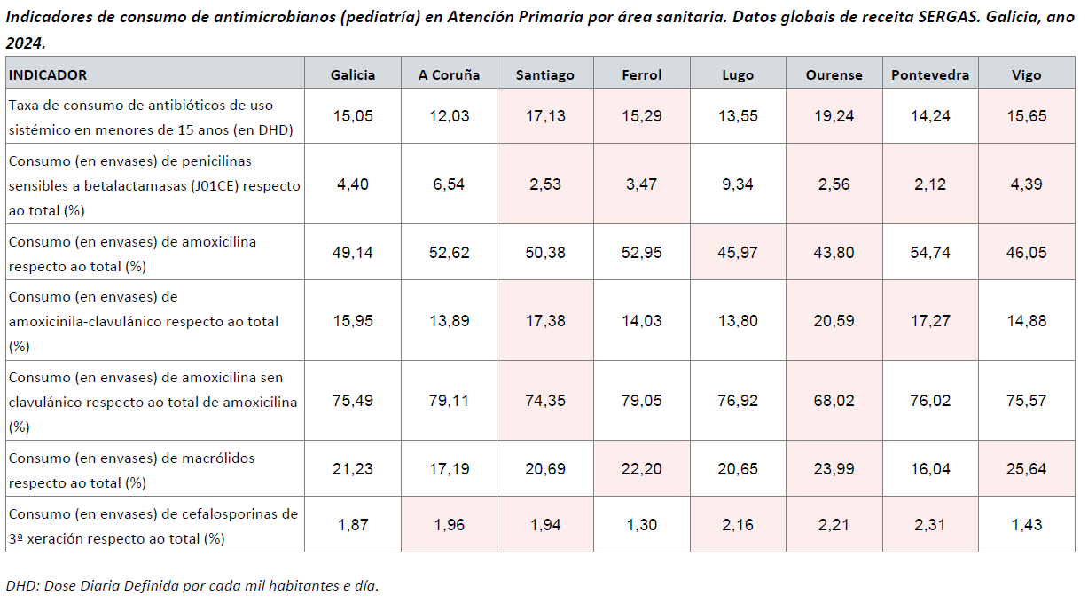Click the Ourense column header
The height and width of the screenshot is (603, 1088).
pyautogui.click(x=834, y=74)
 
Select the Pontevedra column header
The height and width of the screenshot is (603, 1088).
pyautogui.click(x=930, y=74)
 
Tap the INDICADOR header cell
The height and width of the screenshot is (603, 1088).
pyautogui.click(x=48, y=74)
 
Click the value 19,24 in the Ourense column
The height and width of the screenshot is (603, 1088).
pyautogui.click(x=834, y=115)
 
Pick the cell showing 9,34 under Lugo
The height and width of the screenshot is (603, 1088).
pyautogui.click(x=738, y=184)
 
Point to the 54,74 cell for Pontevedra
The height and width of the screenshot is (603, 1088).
pyautogui.click(x=930, y=252)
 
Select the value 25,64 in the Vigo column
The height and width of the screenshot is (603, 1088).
pyautogui.click(x=1027, y=468)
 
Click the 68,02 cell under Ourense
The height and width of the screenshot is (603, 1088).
pyautogui.click(x=834, y=401)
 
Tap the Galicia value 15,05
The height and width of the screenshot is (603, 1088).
pyautogui.click(x=353, y=115)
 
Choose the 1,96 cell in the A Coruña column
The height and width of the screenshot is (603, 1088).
pyautogui.click(x=449, y=524)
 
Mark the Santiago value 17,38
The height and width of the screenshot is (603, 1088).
pyautogui.click(x=545, y=320)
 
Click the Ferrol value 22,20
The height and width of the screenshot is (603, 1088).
pyautogui.click(x=641, y=468)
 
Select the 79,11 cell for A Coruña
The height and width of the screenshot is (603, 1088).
pyautogui.click(x=449, y=401)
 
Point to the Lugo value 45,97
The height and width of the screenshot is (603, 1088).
pyautogui.click(x=738, y=252)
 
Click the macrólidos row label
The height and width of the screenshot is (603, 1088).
pyautogui.click(x=131, y=470)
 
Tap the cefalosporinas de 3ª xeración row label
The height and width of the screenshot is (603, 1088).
pyautogui.click(x=153, y=525)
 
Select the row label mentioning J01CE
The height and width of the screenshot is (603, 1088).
pyautogui.click(x=153, y=185)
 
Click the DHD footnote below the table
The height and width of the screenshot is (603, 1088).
pyautogui.click(x=192, y=586)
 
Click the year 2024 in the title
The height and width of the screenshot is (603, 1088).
pyautogui.click(x=25, y=42)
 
